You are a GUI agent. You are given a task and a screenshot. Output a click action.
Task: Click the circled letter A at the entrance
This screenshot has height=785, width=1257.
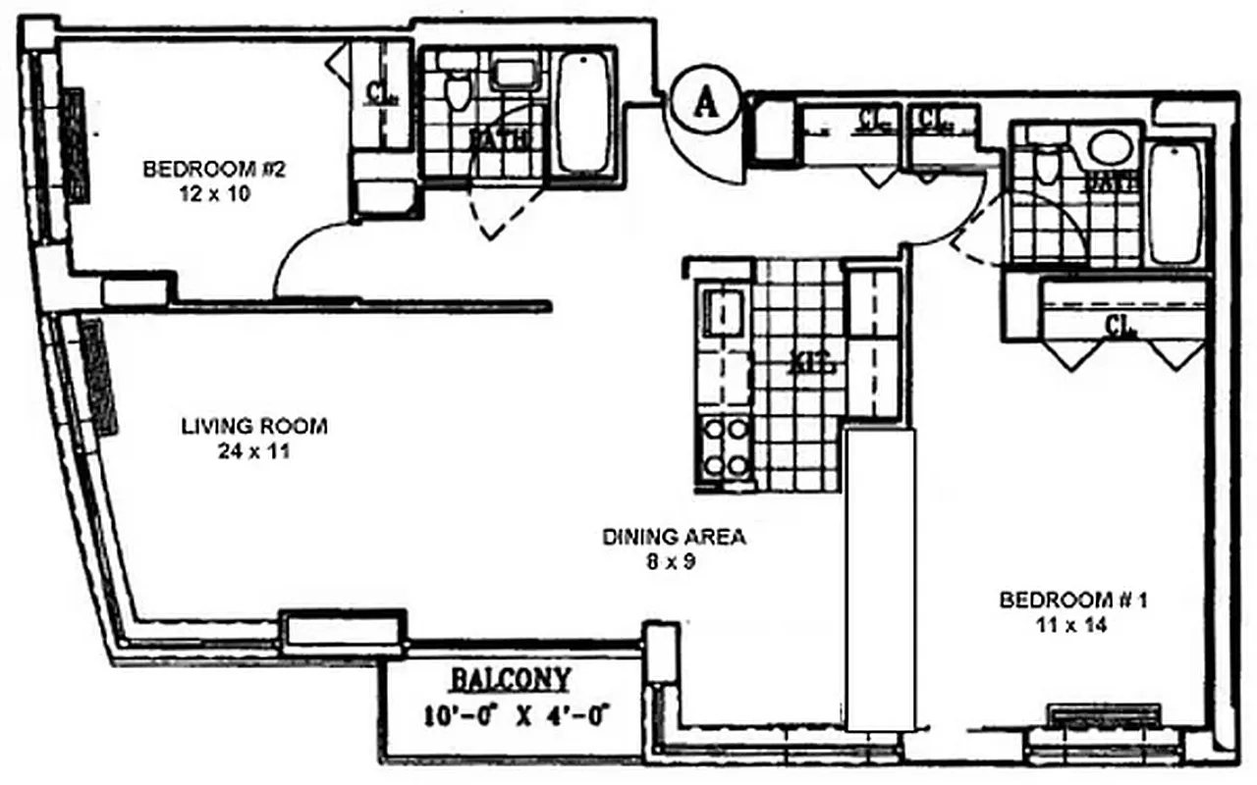point(703,102)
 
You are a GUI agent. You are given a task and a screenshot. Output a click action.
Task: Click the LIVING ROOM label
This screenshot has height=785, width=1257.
point(253,427)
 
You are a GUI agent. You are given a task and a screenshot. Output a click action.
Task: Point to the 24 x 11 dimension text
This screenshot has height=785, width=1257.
point(253,452)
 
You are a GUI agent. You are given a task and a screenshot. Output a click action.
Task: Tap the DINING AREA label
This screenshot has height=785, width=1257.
point(674,537)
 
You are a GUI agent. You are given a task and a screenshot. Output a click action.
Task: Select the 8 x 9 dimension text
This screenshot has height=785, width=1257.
point(674,562)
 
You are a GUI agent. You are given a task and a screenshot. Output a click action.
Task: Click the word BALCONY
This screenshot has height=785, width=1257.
point(510,679)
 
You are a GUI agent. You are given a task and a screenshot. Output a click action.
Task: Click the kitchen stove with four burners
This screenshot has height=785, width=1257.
point(725,447)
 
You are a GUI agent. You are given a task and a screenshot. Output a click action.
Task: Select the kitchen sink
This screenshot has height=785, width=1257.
point(725,315)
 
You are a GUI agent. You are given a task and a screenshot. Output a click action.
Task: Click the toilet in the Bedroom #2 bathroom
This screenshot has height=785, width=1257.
point(456,88)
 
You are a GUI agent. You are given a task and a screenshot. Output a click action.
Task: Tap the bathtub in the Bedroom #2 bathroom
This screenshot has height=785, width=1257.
point(582,113)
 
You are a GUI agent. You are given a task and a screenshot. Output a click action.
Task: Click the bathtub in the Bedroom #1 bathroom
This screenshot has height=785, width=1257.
point(1175,203)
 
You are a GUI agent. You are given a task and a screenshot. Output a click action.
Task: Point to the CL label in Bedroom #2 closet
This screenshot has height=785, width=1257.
point(380,91)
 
